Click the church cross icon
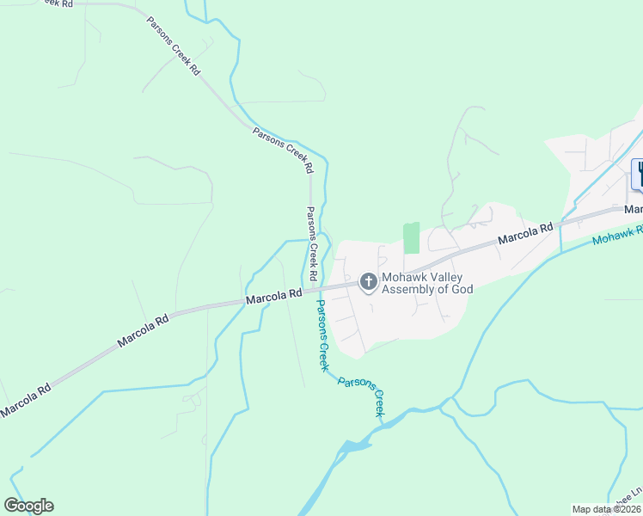368,282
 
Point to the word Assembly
409,289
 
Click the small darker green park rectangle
412,237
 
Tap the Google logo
28,506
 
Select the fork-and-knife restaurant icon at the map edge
640,174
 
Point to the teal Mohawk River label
617,236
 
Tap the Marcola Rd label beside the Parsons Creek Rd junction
273,296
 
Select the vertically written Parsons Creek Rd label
312,244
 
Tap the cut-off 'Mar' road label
634,209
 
